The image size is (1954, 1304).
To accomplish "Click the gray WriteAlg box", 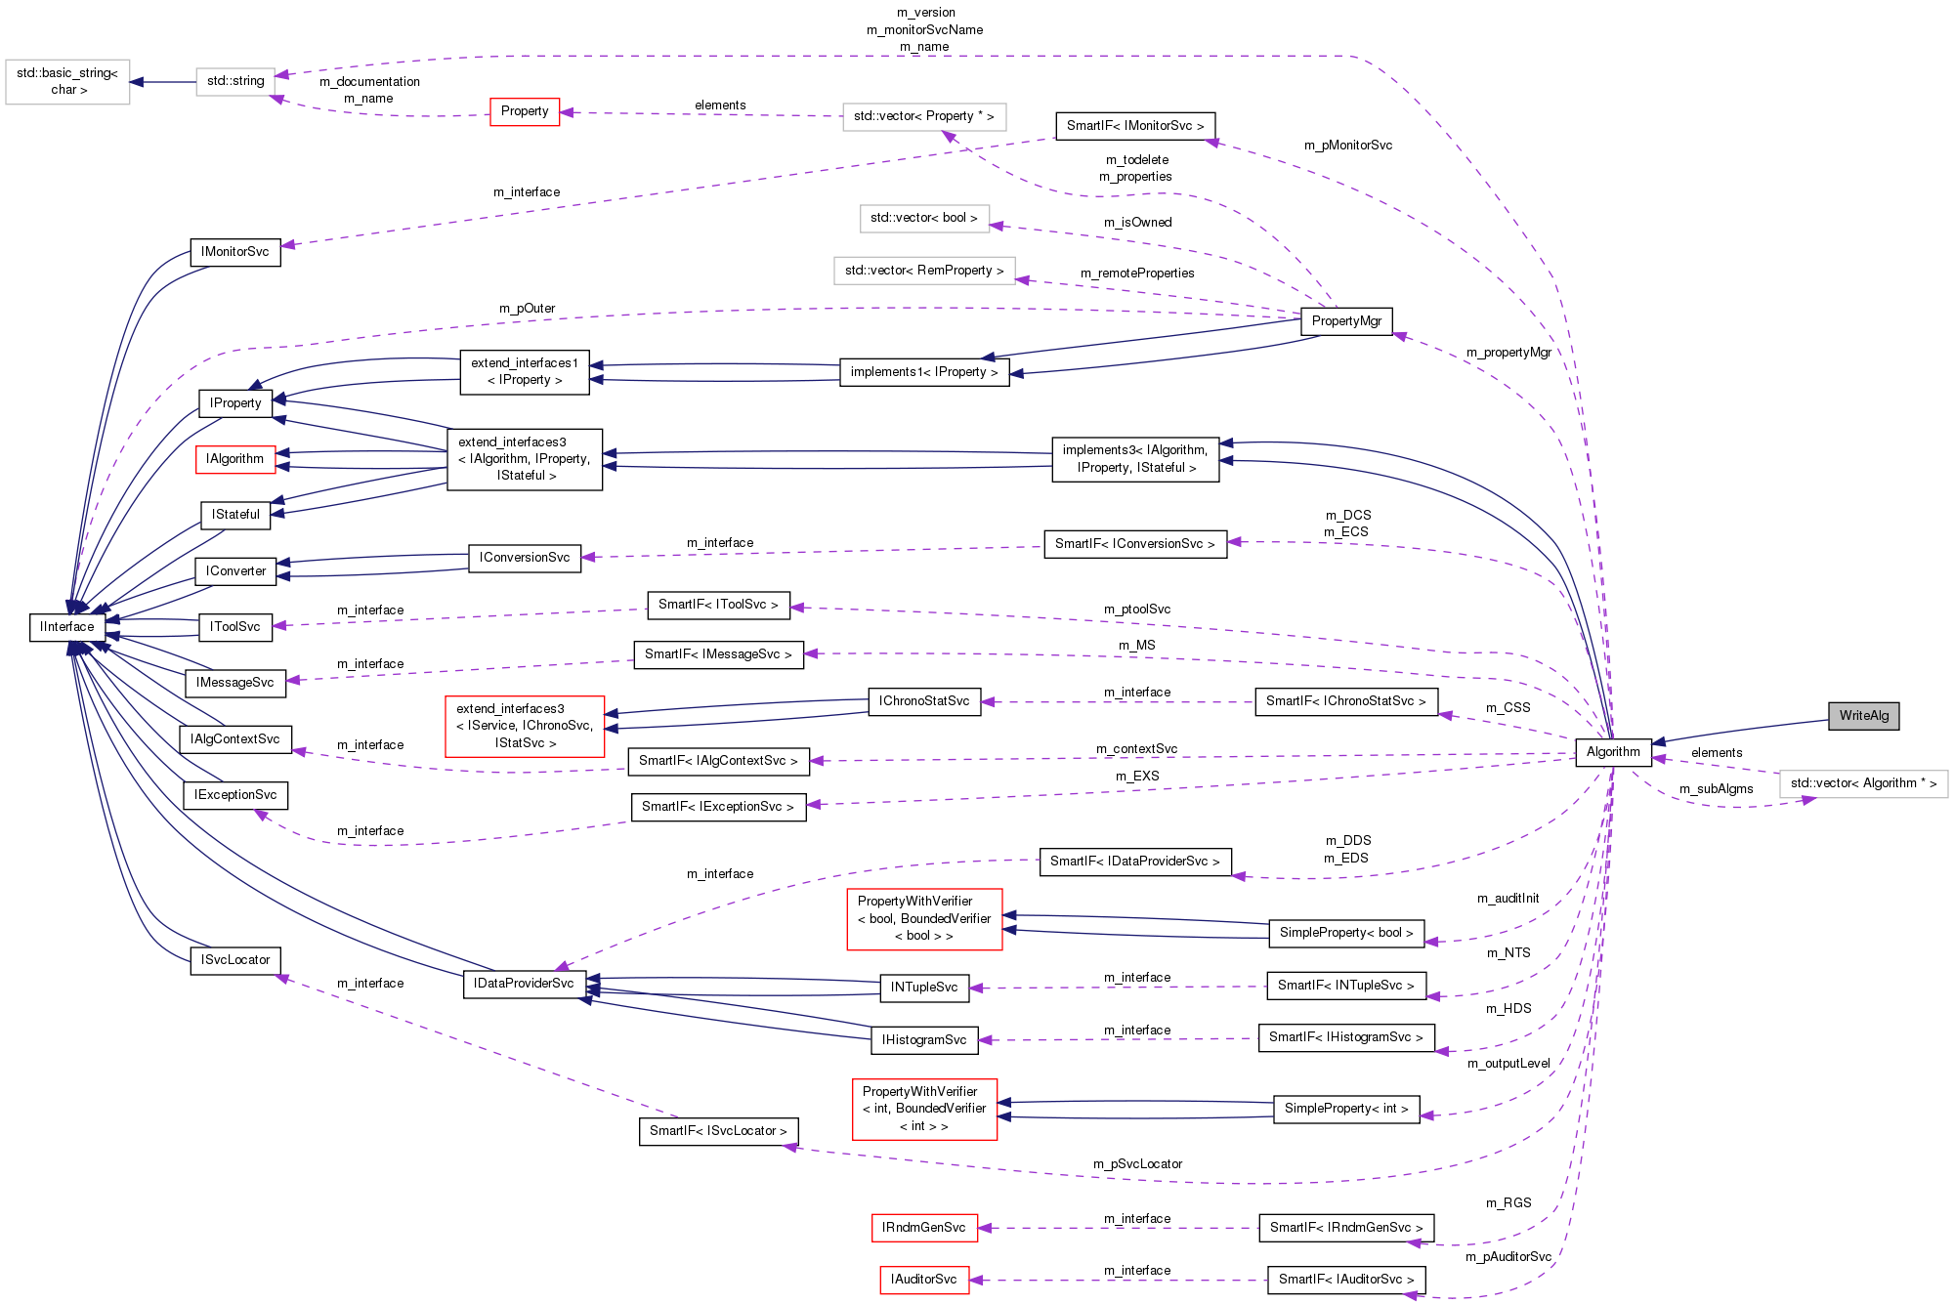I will coord(1863,716).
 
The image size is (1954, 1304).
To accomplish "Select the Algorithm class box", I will coord(1613,752).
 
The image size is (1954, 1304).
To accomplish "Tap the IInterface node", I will coord(67,627).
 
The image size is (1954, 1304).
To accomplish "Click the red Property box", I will coord(525,111).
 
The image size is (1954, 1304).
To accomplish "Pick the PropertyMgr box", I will coord(1346,321).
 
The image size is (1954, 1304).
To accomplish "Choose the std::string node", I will coord(235,81).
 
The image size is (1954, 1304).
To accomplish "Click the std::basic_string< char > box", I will coord(67,81).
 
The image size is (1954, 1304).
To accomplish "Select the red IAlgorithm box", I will coord(235,459).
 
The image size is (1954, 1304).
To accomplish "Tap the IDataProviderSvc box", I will coord(524,984).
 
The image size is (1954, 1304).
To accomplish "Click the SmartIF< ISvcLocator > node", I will coord(718,1131).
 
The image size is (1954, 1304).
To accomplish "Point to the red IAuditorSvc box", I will coord(923,1280).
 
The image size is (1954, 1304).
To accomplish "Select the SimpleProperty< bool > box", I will coord(1345,933).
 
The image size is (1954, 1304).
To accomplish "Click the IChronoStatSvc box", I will coord(923,701).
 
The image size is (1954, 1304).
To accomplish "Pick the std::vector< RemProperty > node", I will coord(923,271).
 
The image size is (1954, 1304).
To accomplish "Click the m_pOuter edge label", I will coord(527,309).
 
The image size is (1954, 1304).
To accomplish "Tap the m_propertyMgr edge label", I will coord(1508,353).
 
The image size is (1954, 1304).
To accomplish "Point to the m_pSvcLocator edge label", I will coord(1137,1164).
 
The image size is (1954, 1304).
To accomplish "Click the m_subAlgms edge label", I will coord(1716,789).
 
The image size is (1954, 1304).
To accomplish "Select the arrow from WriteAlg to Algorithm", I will coord(1739,731).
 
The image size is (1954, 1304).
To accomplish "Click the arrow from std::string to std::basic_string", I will coord(163,82).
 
